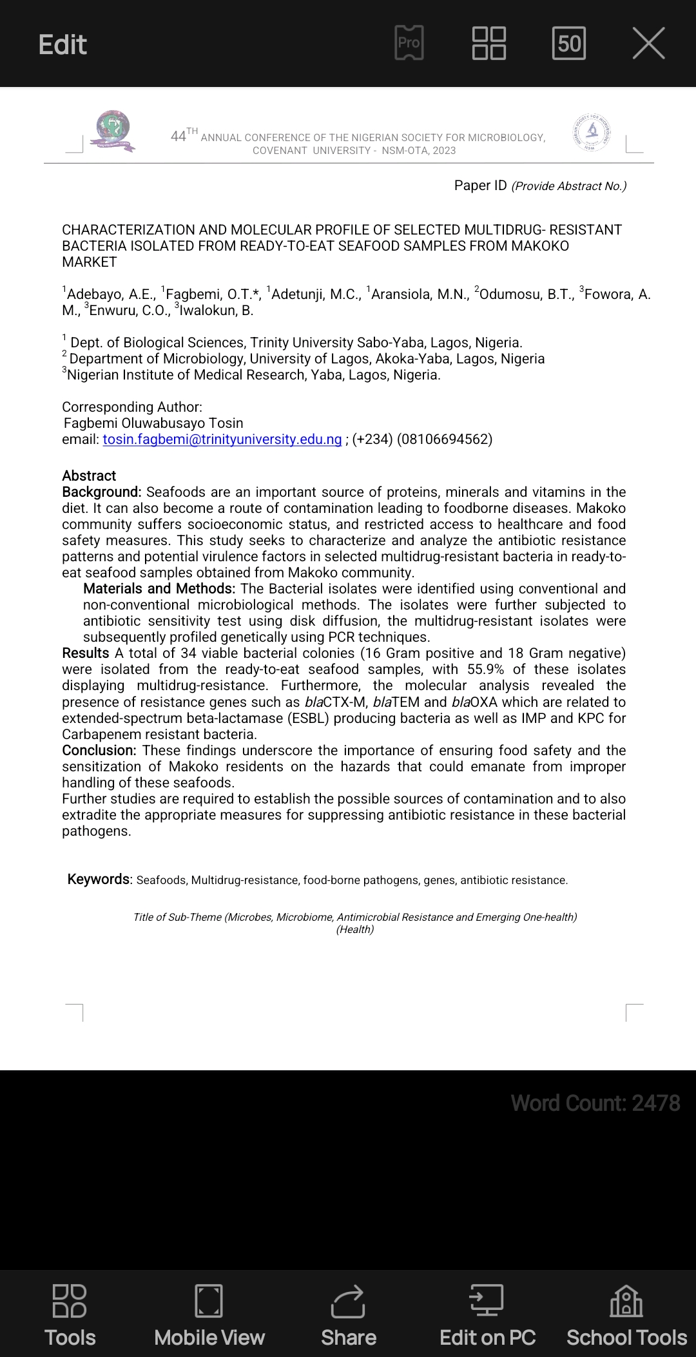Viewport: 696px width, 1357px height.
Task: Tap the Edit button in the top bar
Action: [x=63, y=44]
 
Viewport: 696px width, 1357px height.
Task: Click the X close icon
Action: [x=648, y=44]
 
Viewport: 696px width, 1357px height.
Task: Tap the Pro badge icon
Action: [x=409, y=43]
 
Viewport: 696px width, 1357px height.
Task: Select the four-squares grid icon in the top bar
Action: [x=489, y=43]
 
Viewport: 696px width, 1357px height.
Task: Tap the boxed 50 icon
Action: [x=569, y=43]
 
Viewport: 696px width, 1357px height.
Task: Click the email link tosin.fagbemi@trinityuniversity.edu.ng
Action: [x=222, y=439]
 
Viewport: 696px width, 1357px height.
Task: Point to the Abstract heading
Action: [x=89, y=476]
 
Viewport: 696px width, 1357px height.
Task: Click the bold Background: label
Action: [x=101, y=492]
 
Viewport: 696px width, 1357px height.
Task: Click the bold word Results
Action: [x=85, y=653]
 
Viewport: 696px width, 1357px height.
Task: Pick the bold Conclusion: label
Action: [x=99, y=751]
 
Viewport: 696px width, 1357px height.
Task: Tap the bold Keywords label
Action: [x=99, y=880]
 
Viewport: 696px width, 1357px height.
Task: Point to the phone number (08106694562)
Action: [x=445, y=439]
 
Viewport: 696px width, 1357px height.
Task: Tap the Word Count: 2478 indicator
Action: [x=595, y=1103]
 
